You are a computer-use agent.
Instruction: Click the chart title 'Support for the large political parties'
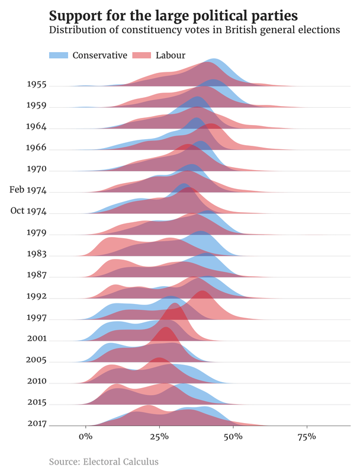pyautogui.click(x=173, y=14)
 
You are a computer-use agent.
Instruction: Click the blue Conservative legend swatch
pyautogui.click(x=59, y=55)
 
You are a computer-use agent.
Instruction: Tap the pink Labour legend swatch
pyautogui.click(x=142, y=55)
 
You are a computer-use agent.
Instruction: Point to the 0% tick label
pyautogui.click(x=86, y=437)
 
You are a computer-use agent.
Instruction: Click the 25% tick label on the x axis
pyautogui.click(x=159, y=437)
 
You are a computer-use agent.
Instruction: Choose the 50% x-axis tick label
pyautogui.click(x=233, y=437)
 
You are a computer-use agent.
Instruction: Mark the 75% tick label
pyautogui.click(x=307, y=437)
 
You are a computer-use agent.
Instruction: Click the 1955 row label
pyautogui.click(x=37, y=84)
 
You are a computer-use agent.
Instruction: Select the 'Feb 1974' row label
pyautogui.click(x=28, y=190)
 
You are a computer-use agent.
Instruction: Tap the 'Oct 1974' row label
pyautogui.click(x=28, y=211)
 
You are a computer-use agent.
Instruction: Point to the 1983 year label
pyautogui.click(x=37, y=254)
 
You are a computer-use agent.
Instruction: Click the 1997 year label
pyautogui.click(x=37, y=317)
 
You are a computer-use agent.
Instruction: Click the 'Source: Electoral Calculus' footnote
pyautogui.click(x=104, y=461)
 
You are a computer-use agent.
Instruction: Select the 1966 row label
pyautogui.click(x=37, y=148)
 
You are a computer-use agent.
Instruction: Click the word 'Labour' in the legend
pyautogui.click(x=171, y=55)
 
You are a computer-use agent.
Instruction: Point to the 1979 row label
pyautogui.click(x=37, y=232)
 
